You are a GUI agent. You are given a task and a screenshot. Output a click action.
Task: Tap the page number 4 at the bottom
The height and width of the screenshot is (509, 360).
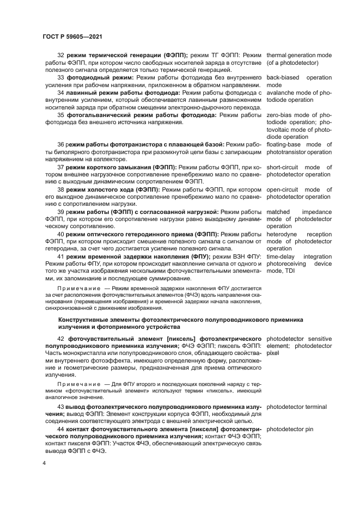[x=44, y=463]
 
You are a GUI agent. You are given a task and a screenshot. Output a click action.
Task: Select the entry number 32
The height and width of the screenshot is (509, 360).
[x=60, y=56]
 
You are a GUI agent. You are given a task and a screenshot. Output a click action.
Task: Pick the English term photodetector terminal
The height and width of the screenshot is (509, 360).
[x=297, y=406]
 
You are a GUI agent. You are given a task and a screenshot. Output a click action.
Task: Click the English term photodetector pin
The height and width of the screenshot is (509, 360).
[x=290, y=428]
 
